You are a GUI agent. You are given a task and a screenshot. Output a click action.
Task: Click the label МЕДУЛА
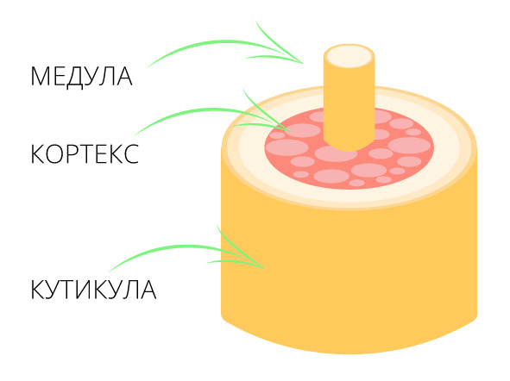tap(81, 77)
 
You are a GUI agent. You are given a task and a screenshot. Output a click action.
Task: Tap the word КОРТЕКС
tap(85, 153)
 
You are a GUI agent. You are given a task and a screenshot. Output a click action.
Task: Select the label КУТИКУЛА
tap(93, 289)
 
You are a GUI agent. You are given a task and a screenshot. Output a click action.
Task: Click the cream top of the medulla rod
tap(349, 56)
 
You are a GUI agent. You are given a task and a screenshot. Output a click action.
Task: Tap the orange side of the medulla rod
tap(349, 107)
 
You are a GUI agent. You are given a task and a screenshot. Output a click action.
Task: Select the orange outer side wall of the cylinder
tap(349, 276)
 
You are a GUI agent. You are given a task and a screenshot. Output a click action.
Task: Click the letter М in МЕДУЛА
tap(39, 77)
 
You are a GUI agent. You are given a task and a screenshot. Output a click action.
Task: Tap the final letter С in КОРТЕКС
tap(131, 153)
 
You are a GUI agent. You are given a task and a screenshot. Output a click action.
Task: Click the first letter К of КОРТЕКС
tap(37, 153)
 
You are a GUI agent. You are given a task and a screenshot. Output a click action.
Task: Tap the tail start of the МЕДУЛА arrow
tap(148, 67)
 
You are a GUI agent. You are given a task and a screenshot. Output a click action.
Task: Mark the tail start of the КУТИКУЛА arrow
tap(110, 272)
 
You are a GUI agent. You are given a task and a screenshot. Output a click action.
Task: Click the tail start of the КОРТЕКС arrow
tap(135, 134)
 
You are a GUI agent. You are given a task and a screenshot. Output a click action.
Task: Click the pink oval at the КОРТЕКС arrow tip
tap(303, 130)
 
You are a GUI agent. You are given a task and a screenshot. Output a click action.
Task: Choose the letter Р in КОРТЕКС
tap(72, 153)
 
